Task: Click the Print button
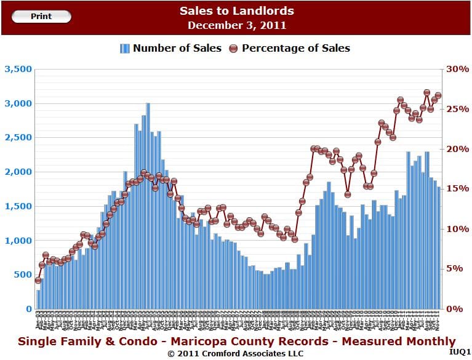pos(41,17)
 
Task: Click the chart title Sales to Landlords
pos(237,11)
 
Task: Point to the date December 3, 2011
pos(237,25)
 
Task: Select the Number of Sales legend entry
pos(170,48)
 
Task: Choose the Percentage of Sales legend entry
pos(289,48)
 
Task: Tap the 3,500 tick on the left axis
pos(18,69)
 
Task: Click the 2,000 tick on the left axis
pos(18,172)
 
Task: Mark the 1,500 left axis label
pos(18,206)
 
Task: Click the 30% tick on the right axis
pos(457,69)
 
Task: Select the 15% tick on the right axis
pos(457,189)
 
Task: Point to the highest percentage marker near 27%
pos(426,93)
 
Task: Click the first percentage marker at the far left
pos(38,280)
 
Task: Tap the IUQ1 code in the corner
pos(459,351)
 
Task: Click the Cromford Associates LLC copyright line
pos(236,354)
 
